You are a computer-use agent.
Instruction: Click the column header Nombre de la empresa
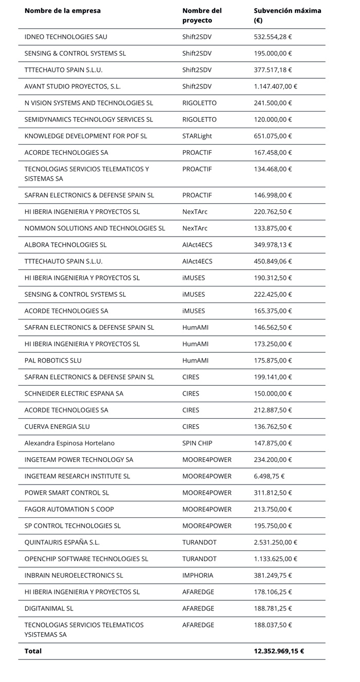pos(62,11)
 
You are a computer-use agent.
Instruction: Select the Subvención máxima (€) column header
pos(287,15)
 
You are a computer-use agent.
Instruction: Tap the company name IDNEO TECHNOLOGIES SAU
pos(66,37)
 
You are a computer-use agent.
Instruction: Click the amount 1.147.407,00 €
pos(276,86)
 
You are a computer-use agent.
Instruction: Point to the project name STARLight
pos(197,136)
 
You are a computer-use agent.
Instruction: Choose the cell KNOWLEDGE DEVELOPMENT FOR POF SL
pos(86,136)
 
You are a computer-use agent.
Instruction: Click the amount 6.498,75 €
pos(271,476)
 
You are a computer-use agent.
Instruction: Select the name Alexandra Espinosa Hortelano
pos(69,443)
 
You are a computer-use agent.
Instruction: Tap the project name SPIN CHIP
pos(197,443)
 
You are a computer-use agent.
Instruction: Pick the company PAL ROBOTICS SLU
pos(53,361)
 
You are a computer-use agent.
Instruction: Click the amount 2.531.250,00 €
pos(276,542)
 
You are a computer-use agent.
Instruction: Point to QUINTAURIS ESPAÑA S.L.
pos(62,542)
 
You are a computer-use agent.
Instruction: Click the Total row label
pos(33,651)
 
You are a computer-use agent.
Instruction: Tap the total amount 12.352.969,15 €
pos(279,651)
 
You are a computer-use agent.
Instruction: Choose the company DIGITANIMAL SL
pos(49,608)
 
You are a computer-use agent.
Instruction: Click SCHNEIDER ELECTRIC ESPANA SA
pos(74,393)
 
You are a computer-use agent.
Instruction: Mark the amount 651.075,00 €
pos(273,136)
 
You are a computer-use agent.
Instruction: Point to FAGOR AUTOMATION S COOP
pos(69,509)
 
